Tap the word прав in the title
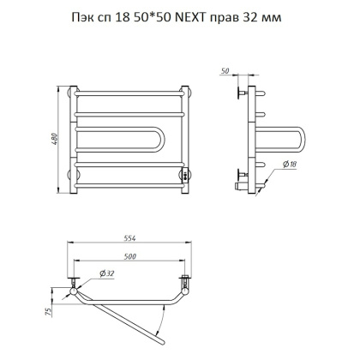tap(238, 18)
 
